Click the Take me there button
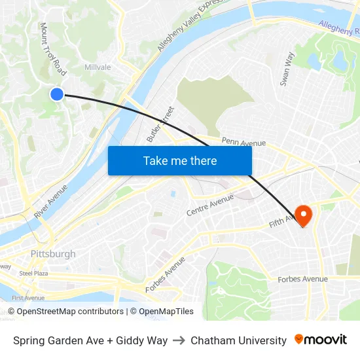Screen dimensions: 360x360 [x=180, y=161]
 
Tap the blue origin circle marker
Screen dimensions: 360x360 [x=57, y=94]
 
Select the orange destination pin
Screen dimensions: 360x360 [x=304, y=215]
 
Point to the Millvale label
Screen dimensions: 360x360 [x=98, y=67]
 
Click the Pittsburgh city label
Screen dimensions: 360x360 [x=53, y=254]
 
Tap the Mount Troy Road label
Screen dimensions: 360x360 [x=53, y=48]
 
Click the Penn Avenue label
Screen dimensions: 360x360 [x=243, y=142]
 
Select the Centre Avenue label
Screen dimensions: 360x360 [x=209, y=206]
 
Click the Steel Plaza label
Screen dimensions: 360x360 [x=33, y=273]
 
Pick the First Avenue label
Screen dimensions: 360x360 [x=27, y=298]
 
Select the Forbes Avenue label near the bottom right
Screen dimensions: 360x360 [x=302, y=279]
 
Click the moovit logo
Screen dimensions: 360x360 [x=321, y=340]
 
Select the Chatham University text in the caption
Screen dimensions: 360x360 [x=238, y=340]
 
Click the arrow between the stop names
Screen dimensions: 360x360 [x=179, y=340]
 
